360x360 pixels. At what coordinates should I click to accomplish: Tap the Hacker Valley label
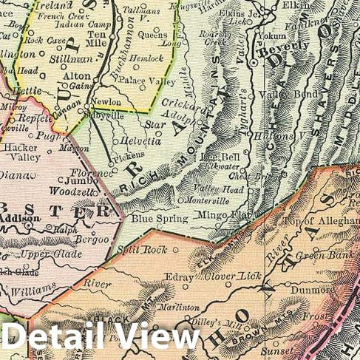[21, 147]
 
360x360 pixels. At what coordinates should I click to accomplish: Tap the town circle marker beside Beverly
[253, 64]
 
